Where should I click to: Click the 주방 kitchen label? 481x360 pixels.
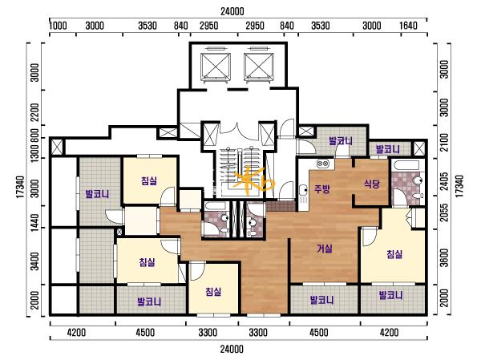322,188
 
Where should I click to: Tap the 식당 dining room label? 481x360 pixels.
371,184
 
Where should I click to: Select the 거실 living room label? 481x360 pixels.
325,249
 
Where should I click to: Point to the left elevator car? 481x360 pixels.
216,66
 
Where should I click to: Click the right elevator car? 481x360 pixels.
259,66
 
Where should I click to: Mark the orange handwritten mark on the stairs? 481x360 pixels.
253,180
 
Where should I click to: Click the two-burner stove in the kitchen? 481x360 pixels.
323,164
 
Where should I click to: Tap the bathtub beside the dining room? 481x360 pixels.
405,165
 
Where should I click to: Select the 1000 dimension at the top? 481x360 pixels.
58,26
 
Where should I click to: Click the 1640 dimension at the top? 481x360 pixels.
408,26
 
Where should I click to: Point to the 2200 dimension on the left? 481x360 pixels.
35,111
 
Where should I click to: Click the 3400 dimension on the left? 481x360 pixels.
35,261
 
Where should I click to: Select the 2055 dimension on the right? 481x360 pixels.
444,212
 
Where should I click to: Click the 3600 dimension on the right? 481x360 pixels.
444,258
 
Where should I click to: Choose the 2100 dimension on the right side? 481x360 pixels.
444,143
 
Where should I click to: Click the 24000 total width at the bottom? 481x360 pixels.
232,349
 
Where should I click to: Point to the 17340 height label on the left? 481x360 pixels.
20,187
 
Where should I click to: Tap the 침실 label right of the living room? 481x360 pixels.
394,254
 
